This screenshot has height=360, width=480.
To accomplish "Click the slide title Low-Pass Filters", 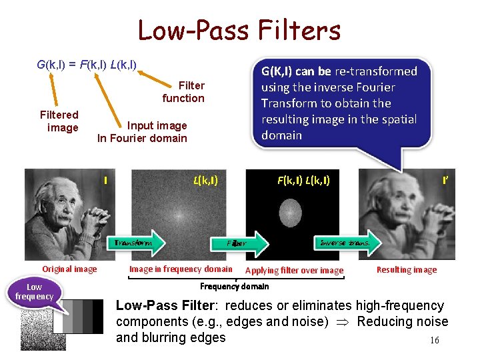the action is (x=239, y=30).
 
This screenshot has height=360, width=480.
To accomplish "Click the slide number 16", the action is (x=435, y=341).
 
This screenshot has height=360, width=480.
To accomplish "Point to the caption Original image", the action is (x=69, y=269).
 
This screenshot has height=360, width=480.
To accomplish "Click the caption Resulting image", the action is (x=407, y=270).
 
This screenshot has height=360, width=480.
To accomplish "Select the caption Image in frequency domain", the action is (x=181, y=269).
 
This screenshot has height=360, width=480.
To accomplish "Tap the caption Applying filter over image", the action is (x=295, y=271).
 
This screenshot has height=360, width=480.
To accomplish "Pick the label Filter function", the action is (x=184, y=92).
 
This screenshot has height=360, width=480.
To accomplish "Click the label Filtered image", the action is (x=59, y=121).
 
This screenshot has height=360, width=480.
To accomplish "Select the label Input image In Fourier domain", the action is (x=143, y=132).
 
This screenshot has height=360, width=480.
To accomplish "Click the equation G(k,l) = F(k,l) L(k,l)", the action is (x=87, y=65).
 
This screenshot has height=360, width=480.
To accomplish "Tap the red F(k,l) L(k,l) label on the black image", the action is (x=303, y=180).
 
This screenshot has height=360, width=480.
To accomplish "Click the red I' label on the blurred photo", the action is (x=445, y=180).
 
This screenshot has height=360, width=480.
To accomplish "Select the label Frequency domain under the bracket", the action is (x=235, y=286).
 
